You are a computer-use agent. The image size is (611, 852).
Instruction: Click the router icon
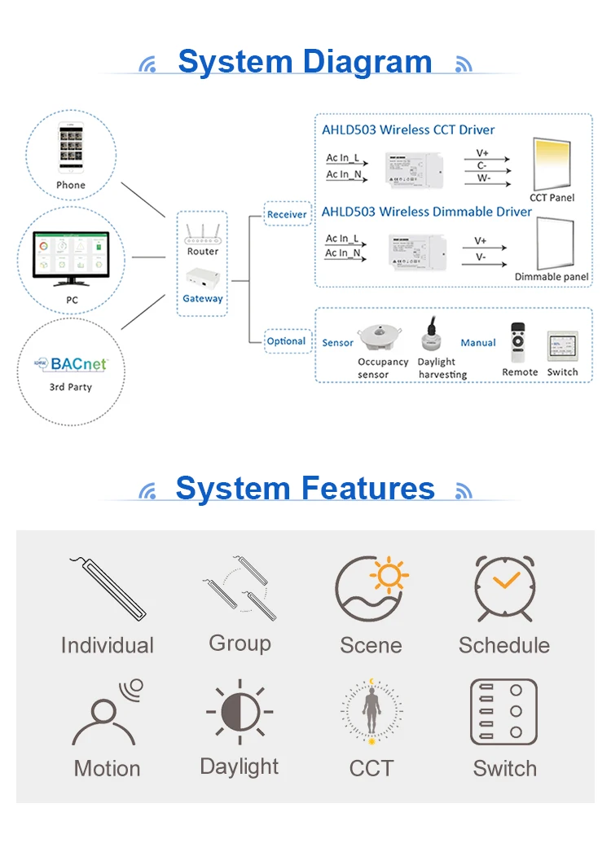point(202,233)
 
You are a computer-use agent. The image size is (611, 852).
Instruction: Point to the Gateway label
point(202,299)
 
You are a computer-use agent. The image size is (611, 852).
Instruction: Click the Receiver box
point(287,214)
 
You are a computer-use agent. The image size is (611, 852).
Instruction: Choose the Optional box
point(286,341)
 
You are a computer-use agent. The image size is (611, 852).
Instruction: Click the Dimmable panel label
point(552,277)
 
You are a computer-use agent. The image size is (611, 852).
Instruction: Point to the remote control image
point(518,341)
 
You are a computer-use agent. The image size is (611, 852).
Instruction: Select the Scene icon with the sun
point(371,588)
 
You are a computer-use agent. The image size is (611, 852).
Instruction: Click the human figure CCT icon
point(371,712)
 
